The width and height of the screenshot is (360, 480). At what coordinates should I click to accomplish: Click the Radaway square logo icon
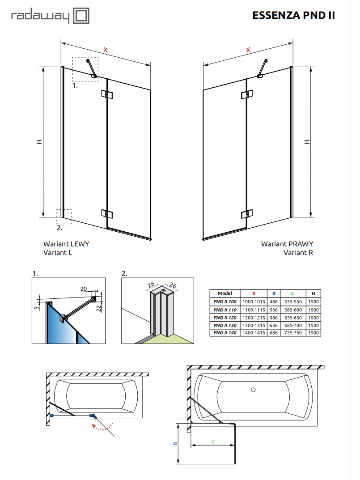click(x=81, y=17)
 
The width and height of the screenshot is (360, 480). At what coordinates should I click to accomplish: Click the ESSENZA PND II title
click(x=294, y=16)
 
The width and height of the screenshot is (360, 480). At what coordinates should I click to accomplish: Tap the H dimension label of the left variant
click(x=39, y=142)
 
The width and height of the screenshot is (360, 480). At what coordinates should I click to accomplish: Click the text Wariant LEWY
click(x=66, y=244)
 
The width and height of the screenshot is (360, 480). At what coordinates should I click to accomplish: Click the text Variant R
click(x=298, y=252)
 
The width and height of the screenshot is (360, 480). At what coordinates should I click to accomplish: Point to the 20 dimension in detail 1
click(x=84, y=289)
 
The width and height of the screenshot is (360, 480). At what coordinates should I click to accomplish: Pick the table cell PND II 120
click(x=224, y=317)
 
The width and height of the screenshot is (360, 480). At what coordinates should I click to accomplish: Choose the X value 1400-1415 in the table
click(x=254, y=333)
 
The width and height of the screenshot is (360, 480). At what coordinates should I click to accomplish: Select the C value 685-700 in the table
click(x=292, y=325)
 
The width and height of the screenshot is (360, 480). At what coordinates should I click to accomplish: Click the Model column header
click(x=224, y=293)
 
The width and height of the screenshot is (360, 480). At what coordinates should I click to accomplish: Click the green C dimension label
click(x=213, y=442)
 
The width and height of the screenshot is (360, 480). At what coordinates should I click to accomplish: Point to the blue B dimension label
click(x=175, y=444)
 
